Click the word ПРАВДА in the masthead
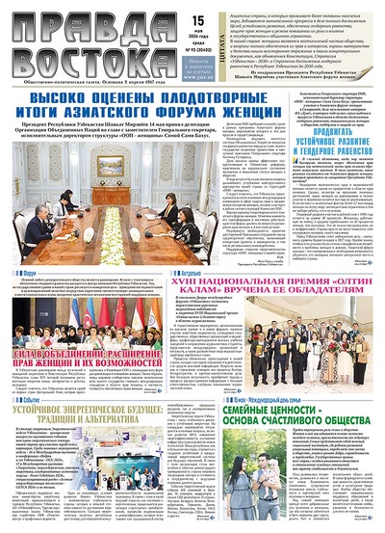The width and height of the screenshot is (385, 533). click(53, 20)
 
